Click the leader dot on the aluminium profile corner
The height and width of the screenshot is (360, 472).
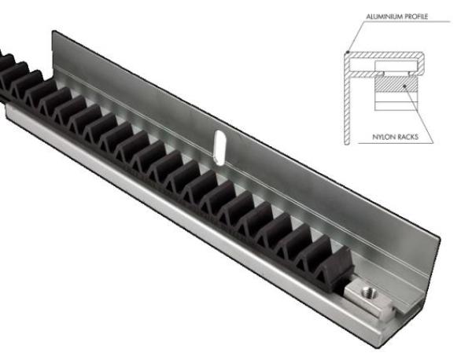tap(346, 54)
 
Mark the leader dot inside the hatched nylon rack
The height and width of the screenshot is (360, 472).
tap(406, 84)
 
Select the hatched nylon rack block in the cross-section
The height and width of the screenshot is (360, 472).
tap(394, 85)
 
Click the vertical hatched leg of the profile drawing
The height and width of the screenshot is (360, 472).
tap(348, 102)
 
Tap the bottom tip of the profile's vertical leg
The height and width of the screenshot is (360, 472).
tap(348, 145)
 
